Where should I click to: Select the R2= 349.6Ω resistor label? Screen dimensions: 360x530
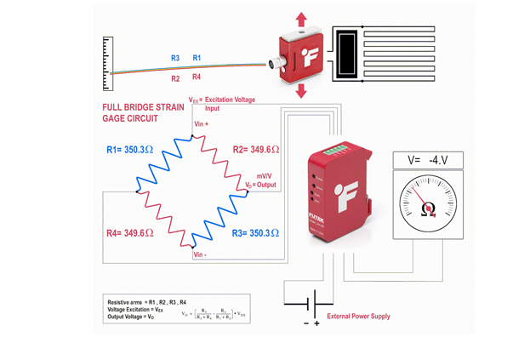coord(256,149)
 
